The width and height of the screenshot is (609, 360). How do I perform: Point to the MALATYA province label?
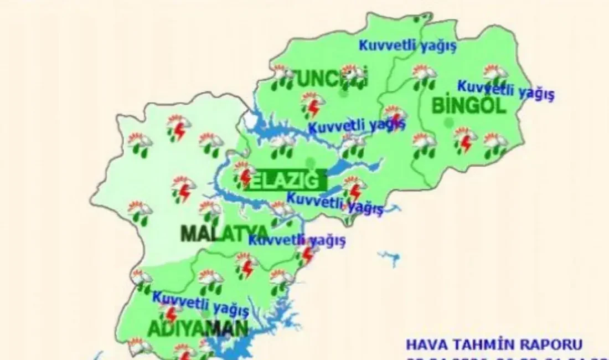(225, 233)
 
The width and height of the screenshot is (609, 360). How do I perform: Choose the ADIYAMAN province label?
(197, 328)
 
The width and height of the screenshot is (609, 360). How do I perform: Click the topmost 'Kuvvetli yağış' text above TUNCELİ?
(407, 46)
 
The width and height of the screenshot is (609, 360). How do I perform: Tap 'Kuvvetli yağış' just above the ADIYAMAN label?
(200, 301)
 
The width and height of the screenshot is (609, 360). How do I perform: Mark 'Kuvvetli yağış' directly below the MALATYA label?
(297, 241)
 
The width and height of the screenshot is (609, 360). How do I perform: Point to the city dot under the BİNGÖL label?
(448, 121)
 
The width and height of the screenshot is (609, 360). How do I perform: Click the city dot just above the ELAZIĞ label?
(311, 163)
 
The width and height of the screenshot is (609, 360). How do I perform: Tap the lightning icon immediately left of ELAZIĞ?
(244, 177)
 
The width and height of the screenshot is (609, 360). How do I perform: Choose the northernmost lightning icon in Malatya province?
(178, 127)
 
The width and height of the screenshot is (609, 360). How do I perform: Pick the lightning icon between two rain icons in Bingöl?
(464, 140)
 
